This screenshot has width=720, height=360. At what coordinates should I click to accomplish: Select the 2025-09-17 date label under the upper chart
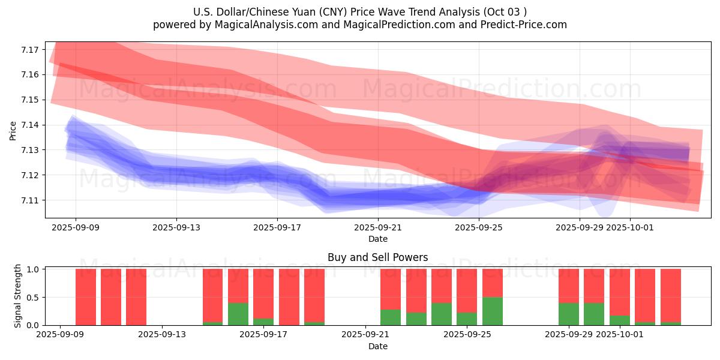(277, 228)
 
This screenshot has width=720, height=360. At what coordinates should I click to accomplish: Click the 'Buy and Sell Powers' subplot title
(377, 258)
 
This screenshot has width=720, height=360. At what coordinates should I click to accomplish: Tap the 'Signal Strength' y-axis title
(18, 296)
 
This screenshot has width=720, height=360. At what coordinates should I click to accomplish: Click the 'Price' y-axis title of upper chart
(13, 130)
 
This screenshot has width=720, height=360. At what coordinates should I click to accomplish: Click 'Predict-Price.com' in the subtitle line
(525, 25)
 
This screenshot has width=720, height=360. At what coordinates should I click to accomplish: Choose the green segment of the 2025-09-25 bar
(492, 311)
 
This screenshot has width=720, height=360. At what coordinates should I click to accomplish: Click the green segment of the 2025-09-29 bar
(568, 314)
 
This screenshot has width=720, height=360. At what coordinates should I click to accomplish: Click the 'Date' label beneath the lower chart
(377, 346)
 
